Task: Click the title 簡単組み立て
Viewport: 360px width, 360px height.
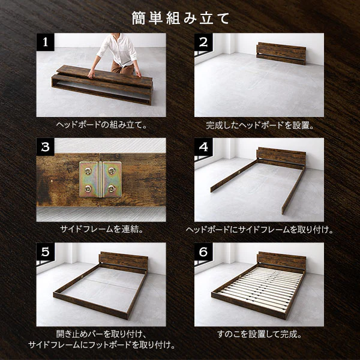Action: (181, 19)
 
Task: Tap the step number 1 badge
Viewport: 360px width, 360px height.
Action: (45, 42)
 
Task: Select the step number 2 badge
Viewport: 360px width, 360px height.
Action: (203, 42)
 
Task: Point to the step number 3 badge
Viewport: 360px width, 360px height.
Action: (45, 147)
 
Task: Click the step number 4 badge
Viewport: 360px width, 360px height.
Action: (203, 147)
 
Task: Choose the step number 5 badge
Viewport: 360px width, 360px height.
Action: (45, 252)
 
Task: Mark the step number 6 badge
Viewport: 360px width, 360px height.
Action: (203, 252)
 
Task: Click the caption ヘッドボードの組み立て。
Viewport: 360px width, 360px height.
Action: (101, 125)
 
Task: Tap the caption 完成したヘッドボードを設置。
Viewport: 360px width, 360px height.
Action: (259, 125)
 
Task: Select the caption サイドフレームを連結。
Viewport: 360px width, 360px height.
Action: (101, 229)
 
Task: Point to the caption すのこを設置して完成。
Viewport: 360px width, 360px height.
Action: (259, 334)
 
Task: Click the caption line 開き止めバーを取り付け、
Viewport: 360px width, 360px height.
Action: (101, 334)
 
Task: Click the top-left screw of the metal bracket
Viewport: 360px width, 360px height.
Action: (88, 171)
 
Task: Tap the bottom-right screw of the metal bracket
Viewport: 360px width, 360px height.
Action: (112, 189)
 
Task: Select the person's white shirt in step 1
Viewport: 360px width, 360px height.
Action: (118, 49)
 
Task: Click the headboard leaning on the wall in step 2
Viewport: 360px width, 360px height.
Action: (281, 53)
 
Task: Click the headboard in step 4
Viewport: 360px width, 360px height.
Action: (281, 158)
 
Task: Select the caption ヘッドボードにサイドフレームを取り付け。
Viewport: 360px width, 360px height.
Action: (259, 229)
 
